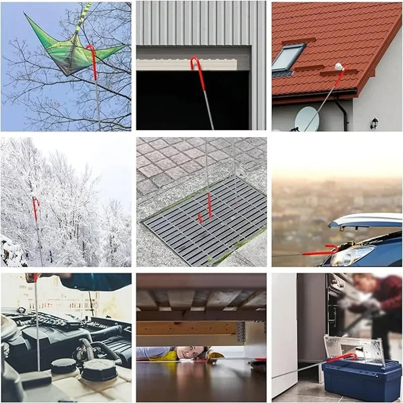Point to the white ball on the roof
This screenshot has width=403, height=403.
click(x=339, y=66)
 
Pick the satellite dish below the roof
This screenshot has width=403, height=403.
click(x=306, y=119)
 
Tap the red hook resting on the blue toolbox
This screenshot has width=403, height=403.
click(x=343, y=357)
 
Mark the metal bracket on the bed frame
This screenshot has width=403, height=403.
click(x=240, y=332)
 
